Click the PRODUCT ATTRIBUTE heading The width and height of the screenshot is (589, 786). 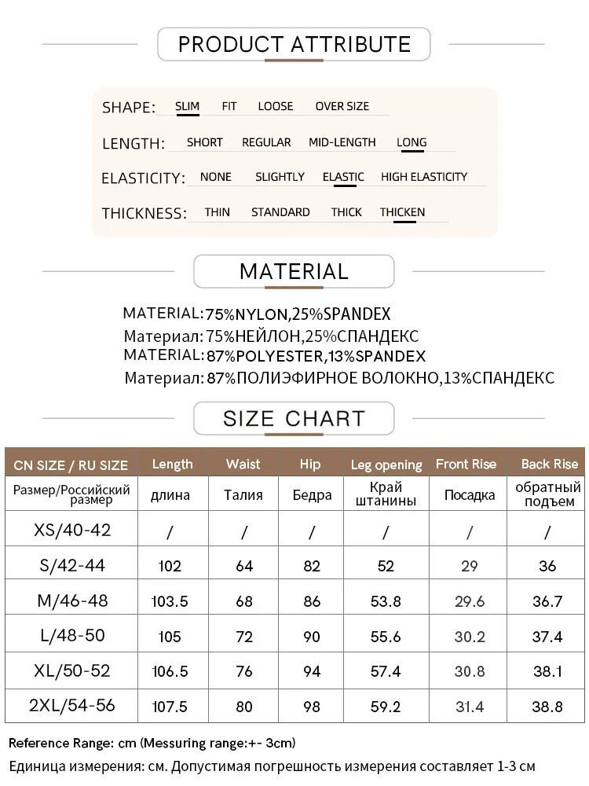[294, 44]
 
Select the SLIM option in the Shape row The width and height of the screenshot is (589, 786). [187, 106]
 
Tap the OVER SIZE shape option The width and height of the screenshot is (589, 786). [342, 106]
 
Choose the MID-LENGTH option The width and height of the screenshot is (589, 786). [342, 142]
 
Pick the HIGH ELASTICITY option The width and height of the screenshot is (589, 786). [424, 177]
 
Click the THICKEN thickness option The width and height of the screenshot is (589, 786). [402, 212]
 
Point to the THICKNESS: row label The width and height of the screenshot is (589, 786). [144, 213]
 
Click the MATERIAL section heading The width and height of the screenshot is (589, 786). [294, 271]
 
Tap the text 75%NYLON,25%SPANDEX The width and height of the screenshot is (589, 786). [298, 314]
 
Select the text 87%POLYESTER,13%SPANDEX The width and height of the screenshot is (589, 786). [316, 356]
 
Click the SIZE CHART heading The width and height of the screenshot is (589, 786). [294, 418]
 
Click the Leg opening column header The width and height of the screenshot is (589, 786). [386, 465]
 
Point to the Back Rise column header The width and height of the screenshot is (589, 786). [549, 464]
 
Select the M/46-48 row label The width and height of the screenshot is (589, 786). [72, 601]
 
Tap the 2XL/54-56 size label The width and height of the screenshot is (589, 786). [72, 706]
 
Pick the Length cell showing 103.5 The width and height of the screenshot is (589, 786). [170, 602]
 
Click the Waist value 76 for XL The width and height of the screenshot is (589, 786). [243, 672]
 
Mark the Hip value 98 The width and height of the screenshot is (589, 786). [311, 707]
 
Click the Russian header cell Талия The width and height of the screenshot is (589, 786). [243, 495]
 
